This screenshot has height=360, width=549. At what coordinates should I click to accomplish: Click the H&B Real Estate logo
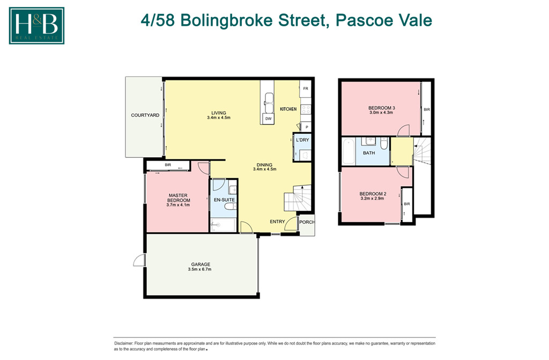point(36,25)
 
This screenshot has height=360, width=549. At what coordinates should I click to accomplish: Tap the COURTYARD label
point(145,115)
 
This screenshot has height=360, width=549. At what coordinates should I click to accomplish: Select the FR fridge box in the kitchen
point(306,89)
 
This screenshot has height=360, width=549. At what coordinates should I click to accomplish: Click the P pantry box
point(306,127)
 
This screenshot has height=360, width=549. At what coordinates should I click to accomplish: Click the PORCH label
point(307,222)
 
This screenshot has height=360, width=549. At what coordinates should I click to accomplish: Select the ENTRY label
point(277,222)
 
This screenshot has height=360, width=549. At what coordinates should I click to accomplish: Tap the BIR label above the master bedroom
point(168,165)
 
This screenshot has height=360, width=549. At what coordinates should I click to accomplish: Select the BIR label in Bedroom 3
point(427,109)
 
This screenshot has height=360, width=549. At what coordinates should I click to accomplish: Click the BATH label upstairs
point(369,153)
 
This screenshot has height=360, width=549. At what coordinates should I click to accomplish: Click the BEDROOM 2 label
point(373,194)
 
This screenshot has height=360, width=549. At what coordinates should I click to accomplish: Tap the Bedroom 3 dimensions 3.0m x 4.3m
point(381,113)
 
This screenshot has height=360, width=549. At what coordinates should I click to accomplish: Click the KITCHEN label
point(288,109)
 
